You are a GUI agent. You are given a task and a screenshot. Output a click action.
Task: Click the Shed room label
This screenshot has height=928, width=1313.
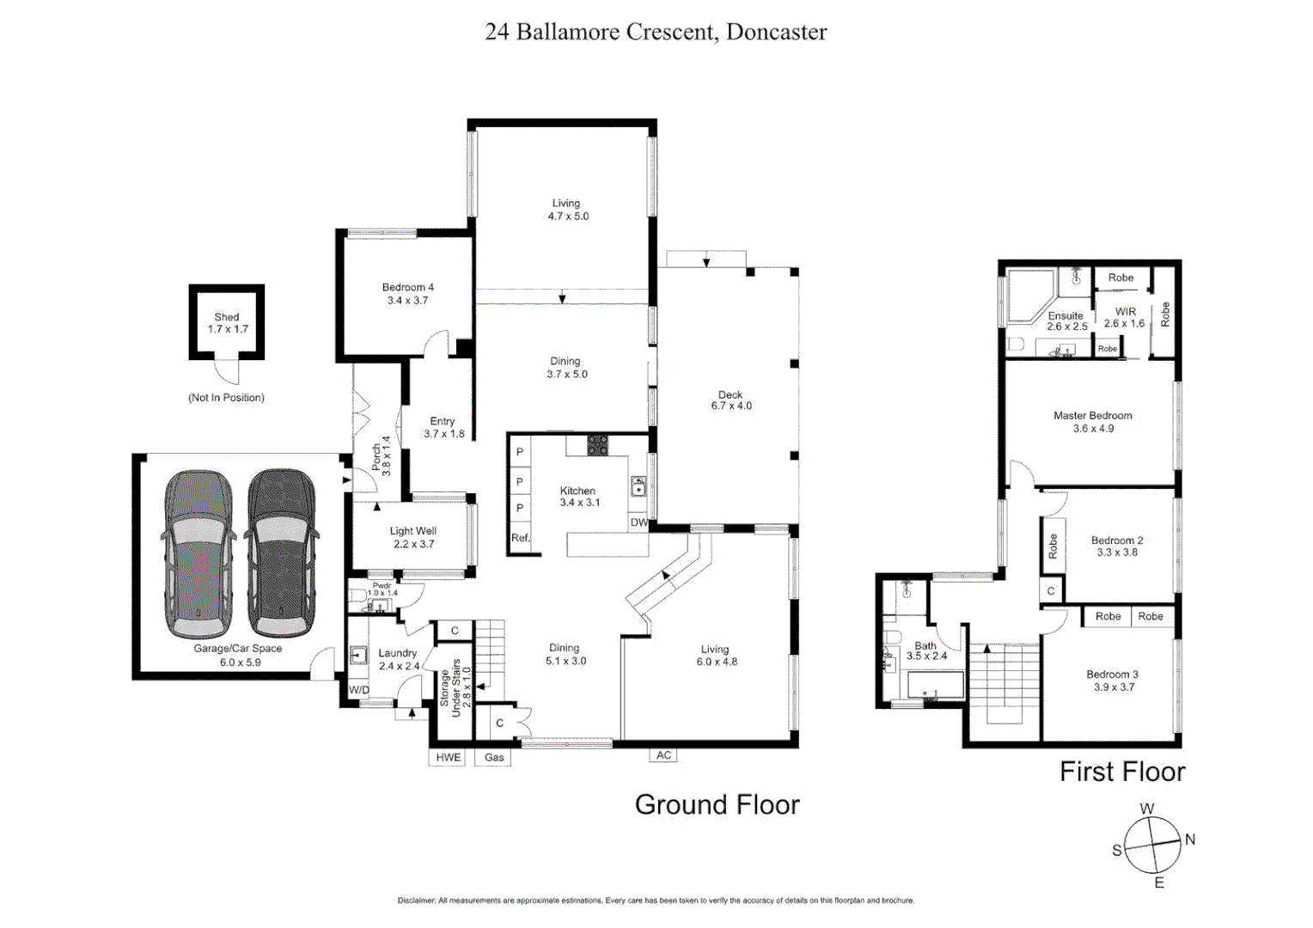[x=227, y=323]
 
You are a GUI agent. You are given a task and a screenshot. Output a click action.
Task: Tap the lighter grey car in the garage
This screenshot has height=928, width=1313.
[x=198, y=552]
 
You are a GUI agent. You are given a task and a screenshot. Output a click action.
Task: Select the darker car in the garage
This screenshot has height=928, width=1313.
[x=282, y=552]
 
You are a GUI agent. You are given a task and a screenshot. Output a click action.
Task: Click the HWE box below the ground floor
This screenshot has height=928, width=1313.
[x=448, y=757]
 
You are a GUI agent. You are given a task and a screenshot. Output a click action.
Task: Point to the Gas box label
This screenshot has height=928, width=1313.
[x=494, y=757]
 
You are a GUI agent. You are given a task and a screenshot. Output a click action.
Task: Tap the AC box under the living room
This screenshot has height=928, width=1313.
[x=663, y=755]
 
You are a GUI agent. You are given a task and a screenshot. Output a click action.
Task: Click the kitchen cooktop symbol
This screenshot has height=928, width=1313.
[x=597, y=445]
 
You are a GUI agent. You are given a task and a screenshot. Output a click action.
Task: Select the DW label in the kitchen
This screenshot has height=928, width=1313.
[x=638, y=522]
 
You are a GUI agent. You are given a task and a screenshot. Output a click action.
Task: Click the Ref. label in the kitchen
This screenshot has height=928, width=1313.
[x=520, y=538]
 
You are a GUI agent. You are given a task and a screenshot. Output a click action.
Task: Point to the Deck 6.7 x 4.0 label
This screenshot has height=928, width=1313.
[x=731, y=400]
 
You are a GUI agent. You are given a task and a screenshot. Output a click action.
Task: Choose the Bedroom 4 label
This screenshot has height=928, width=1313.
[x=407, y=294]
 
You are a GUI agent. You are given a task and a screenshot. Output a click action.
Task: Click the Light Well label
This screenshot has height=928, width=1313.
[x=413, y=537]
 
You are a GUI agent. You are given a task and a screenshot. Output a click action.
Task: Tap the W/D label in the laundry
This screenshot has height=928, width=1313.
[x=358, y=690]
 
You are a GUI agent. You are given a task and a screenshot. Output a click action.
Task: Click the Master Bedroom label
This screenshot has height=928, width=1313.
[x=1092, y=421]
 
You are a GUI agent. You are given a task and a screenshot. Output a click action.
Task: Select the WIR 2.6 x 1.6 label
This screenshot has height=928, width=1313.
[x=1125, y=317]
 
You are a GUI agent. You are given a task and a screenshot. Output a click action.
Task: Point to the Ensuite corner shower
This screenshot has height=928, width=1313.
[x=1029, y=294]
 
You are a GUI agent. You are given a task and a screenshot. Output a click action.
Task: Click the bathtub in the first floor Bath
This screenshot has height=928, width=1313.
[x=935, y=686]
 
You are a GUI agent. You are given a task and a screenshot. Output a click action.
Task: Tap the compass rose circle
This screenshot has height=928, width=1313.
[x=1152, y=845]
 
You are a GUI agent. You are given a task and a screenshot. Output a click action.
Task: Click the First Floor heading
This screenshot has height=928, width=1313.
[x=1121, y=772]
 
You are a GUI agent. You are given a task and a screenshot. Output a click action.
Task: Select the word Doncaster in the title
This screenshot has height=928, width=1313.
[x=776, y=32]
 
